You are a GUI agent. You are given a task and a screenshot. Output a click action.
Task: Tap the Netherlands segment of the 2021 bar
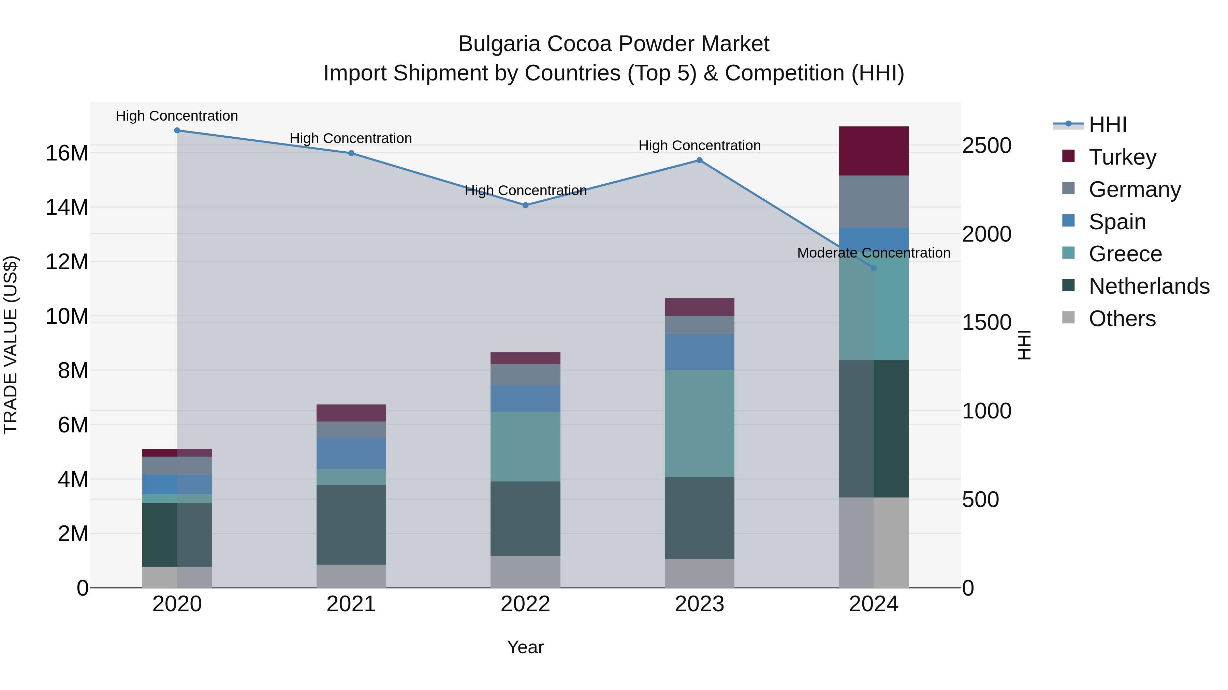pos(351,524)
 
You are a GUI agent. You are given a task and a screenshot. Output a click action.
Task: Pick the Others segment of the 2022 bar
pos(525,571)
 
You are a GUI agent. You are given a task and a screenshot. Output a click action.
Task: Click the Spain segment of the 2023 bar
pos(699,352)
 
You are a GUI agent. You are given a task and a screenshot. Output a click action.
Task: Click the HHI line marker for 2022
pos(525,205)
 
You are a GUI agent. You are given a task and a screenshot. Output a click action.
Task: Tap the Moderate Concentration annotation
pos(873,253)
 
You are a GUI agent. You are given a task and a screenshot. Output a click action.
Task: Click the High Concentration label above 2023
pos(699,146)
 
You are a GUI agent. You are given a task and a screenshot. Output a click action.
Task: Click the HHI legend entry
pos(1107,125)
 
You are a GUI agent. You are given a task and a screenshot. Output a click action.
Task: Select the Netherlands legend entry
pos(1149,286)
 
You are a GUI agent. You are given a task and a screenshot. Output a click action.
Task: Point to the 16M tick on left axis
pos(67,153)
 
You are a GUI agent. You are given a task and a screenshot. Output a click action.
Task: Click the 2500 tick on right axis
pos(986,146)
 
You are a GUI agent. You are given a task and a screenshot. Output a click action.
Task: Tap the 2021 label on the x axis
pos(351,604)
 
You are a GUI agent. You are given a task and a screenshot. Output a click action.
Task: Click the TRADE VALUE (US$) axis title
pos(11,345)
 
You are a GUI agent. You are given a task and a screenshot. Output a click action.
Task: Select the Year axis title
pos(525,647)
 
